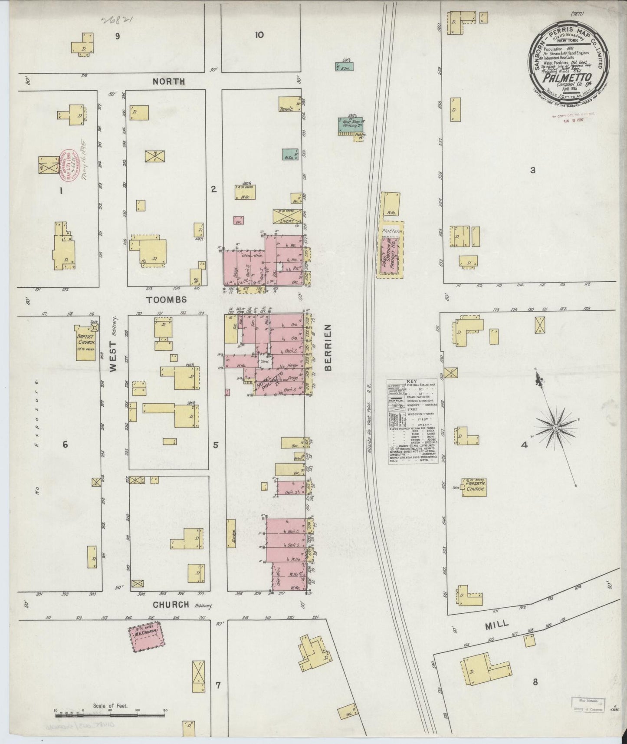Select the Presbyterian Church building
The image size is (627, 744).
click(x=473, y=488)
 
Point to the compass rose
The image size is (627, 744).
click(x=555, y=428)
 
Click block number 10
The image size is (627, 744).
click(x=259, y=35)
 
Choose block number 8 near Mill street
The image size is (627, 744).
click(x=535, y=682)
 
